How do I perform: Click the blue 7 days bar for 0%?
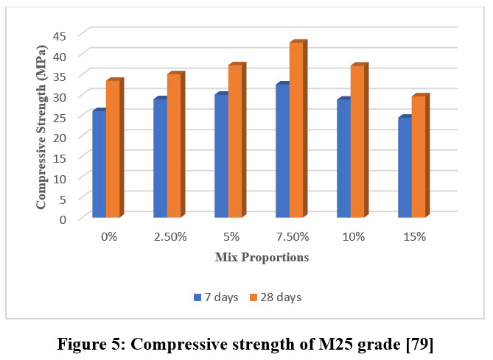(x=99, y=165)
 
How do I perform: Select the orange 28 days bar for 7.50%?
(x=296, y=130)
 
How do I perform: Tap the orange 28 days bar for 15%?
(x=419, y=158)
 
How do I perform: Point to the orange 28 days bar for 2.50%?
(x=174, y=147)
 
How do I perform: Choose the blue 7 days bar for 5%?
(x=221, y=157)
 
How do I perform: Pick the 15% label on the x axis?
(x=414, y=237)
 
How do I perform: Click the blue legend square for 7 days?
(x=197, y=297)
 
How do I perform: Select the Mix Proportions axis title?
(x=262, y=258)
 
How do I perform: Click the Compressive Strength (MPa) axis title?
(x=43, y=127)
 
